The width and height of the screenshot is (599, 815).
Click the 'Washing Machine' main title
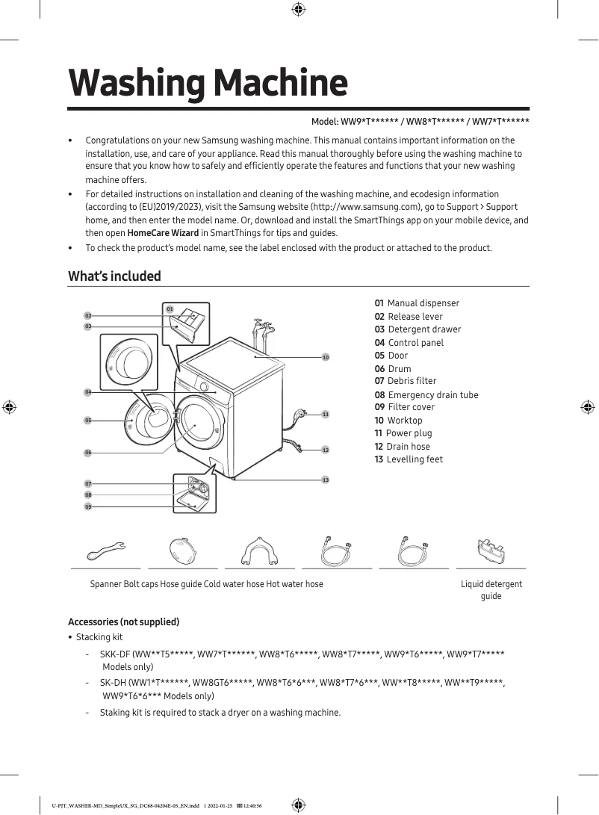pos(208,83)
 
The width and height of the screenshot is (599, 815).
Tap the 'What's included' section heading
pos(114,276)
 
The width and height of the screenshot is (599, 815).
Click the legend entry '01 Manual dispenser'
pos(417,303)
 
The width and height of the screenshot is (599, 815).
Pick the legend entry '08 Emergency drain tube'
pos(426,395)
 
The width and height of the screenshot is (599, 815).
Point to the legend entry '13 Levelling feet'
pos(409,459)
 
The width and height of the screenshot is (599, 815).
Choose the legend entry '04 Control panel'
pos(409,343)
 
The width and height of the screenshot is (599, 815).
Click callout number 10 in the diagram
pos(326,358)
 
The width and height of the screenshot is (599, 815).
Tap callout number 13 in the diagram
pos(326,480)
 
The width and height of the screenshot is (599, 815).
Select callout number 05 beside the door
pos(87,421)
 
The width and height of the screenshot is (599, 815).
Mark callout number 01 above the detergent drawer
pos(170,309)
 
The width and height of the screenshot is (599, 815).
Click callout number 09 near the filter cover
pos(87,506)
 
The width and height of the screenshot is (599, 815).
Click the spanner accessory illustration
pos(106,551)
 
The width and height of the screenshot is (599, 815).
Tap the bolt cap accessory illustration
pos(183,552)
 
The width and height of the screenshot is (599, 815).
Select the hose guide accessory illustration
pos(260,552)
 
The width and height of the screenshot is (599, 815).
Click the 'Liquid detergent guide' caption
pos(491,589)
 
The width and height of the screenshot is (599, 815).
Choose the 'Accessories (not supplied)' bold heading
pos(123,622)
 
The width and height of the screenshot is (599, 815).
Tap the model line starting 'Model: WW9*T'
pos(420,122)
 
